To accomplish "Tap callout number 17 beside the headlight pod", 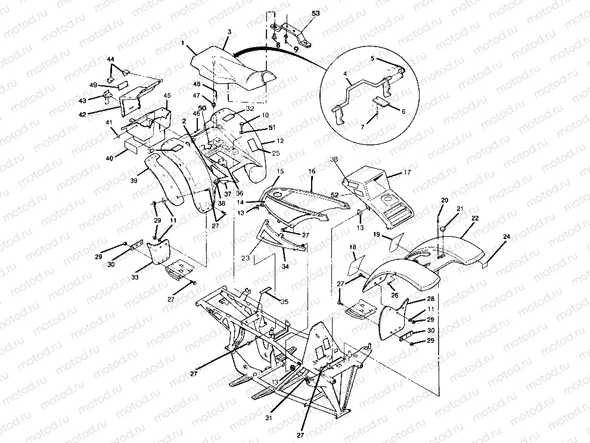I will point(408,173).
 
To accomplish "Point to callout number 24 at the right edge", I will point(506,237).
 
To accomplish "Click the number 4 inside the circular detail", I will point(344,75).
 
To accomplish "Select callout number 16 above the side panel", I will point(312,171).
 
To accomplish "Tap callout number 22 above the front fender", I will point(475,219).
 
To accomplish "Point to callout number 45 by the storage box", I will point(167,95).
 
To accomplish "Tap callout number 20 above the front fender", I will point(444,200).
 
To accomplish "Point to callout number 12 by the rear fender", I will point(281,142).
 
